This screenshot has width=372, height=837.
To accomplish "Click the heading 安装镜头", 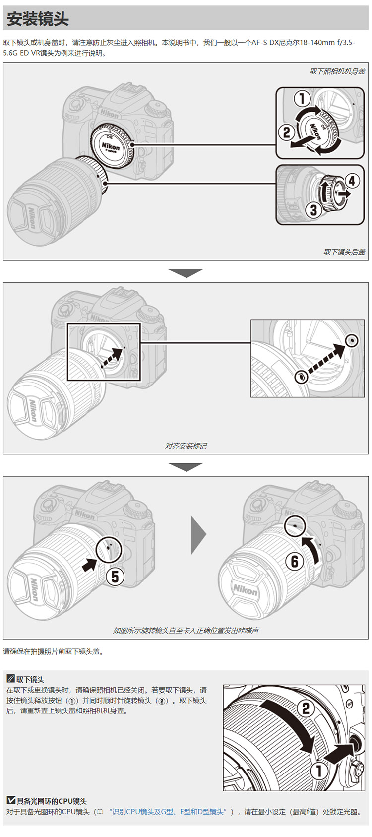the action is click(x=38, y=19).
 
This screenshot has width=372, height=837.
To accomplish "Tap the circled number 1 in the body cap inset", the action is click(x=302, y=99).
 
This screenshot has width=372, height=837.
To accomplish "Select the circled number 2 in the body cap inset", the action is click(x=287, y=132).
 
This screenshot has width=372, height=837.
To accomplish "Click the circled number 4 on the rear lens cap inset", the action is click(x=352, y=181).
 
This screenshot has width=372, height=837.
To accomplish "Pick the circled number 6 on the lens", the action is click(x=294, y=561).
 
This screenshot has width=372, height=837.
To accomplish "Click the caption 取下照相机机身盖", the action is click(x=337, y=71).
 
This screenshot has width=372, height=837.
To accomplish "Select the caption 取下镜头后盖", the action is click(x=344, y=252).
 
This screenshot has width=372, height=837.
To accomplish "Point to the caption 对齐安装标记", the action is click(x=186, y=446).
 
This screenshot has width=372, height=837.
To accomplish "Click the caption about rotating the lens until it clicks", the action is click(x=186, y=631).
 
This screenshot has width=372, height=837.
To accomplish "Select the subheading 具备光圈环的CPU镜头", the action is click(x=47, y=801).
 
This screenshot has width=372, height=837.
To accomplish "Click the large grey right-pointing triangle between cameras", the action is click(x=199, y=535).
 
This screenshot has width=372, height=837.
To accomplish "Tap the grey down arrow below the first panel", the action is click(x=186, y=273).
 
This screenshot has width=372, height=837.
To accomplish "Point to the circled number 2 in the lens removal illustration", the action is click(x=306, y=709).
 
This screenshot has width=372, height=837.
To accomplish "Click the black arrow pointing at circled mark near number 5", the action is click(x=90, y=564).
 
